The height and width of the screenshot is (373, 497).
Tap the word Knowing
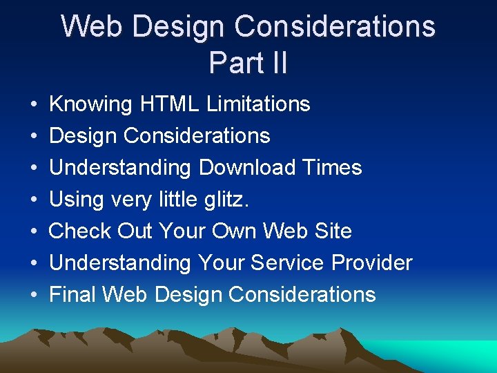click(90, 104)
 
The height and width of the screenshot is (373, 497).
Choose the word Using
click(76, 200)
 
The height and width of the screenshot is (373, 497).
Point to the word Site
click(331, 231)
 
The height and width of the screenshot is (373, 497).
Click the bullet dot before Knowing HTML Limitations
click(34, 105)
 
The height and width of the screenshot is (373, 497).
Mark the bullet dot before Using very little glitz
click(34, 200)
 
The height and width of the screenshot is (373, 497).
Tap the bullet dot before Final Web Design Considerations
click(34, 296)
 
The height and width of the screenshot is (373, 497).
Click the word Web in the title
click(92, 27)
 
